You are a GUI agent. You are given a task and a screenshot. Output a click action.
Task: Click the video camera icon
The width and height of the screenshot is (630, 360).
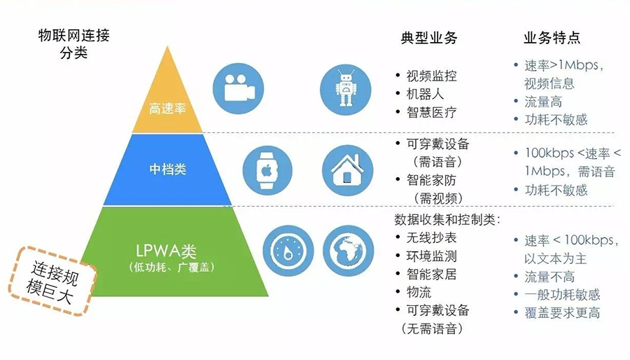[x=237, y=88]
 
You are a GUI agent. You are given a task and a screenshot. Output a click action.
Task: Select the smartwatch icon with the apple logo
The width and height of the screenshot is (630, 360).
[x=267, y=170]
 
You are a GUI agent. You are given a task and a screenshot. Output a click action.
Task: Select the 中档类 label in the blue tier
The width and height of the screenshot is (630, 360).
[x=168, y=169]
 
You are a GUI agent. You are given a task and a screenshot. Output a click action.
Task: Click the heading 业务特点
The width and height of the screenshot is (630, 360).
[x=552, y=38]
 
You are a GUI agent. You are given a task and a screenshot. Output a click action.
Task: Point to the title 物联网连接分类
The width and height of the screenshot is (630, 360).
[x=73, y=43]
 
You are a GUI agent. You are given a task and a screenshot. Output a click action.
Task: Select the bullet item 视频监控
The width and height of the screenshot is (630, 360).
[x=431, y=76]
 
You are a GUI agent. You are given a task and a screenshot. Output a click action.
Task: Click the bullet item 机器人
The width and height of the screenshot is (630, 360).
[x=425, y=94]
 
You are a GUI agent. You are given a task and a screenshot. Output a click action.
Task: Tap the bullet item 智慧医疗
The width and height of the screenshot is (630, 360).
[x=431, y=112]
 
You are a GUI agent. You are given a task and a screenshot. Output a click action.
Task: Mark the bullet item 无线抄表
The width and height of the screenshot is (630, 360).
[x=431, y=238]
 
